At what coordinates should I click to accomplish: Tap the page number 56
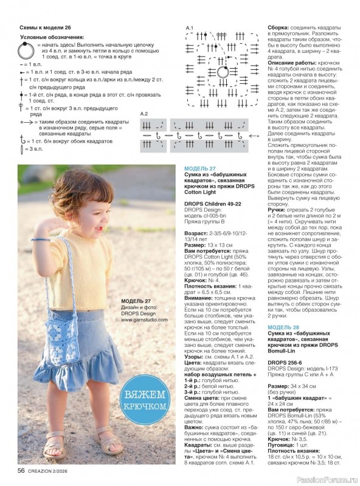(21, 470)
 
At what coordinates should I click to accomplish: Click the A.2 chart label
(144, 114)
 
